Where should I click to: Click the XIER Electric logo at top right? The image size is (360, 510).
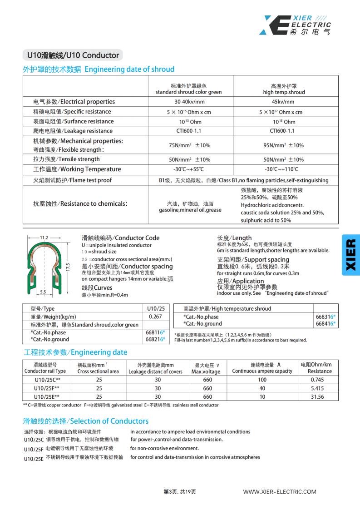295,25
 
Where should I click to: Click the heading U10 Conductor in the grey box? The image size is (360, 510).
73,55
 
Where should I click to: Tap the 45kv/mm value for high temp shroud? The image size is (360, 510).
282,102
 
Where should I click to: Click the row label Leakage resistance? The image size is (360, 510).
73,131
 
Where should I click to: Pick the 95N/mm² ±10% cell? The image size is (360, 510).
283,145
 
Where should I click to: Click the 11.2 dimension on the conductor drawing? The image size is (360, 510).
44,238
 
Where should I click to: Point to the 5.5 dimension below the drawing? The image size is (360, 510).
43,292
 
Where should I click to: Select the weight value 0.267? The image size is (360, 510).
155,317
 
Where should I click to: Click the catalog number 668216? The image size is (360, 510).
153,339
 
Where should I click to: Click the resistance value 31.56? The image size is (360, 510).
316,396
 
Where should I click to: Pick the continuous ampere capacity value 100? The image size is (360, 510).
262,380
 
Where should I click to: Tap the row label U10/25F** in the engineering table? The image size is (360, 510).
47,388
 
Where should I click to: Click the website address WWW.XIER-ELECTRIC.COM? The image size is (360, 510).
280,491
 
